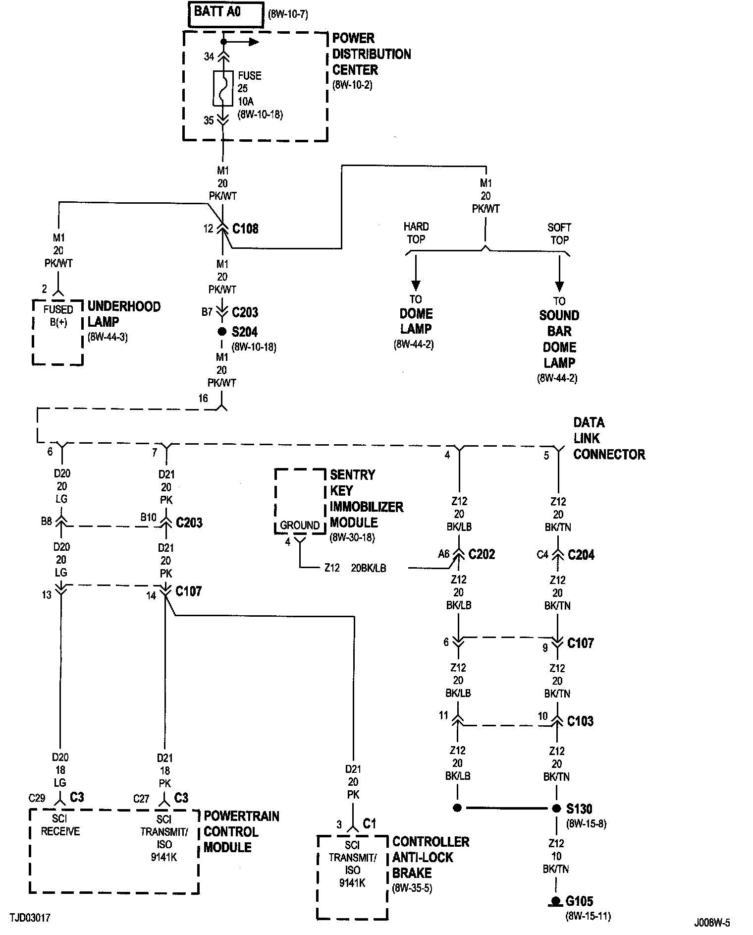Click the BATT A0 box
pos(225,14)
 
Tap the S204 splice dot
pos(222,332)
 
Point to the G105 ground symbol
pos(556,901)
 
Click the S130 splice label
pos(579,809)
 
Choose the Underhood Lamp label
pos(124,314)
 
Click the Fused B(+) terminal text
pos(58,315)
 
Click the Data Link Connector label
pos(609,438)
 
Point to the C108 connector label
pos(245,229)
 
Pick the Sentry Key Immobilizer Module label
pos(366,498)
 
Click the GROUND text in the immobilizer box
pos(300,525)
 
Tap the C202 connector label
pos(482,554)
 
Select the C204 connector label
pos(581,555)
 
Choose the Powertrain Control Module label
pos(241,831)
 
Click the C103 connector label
pos(580,721)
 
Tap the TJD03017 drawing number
pos(29,918)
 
